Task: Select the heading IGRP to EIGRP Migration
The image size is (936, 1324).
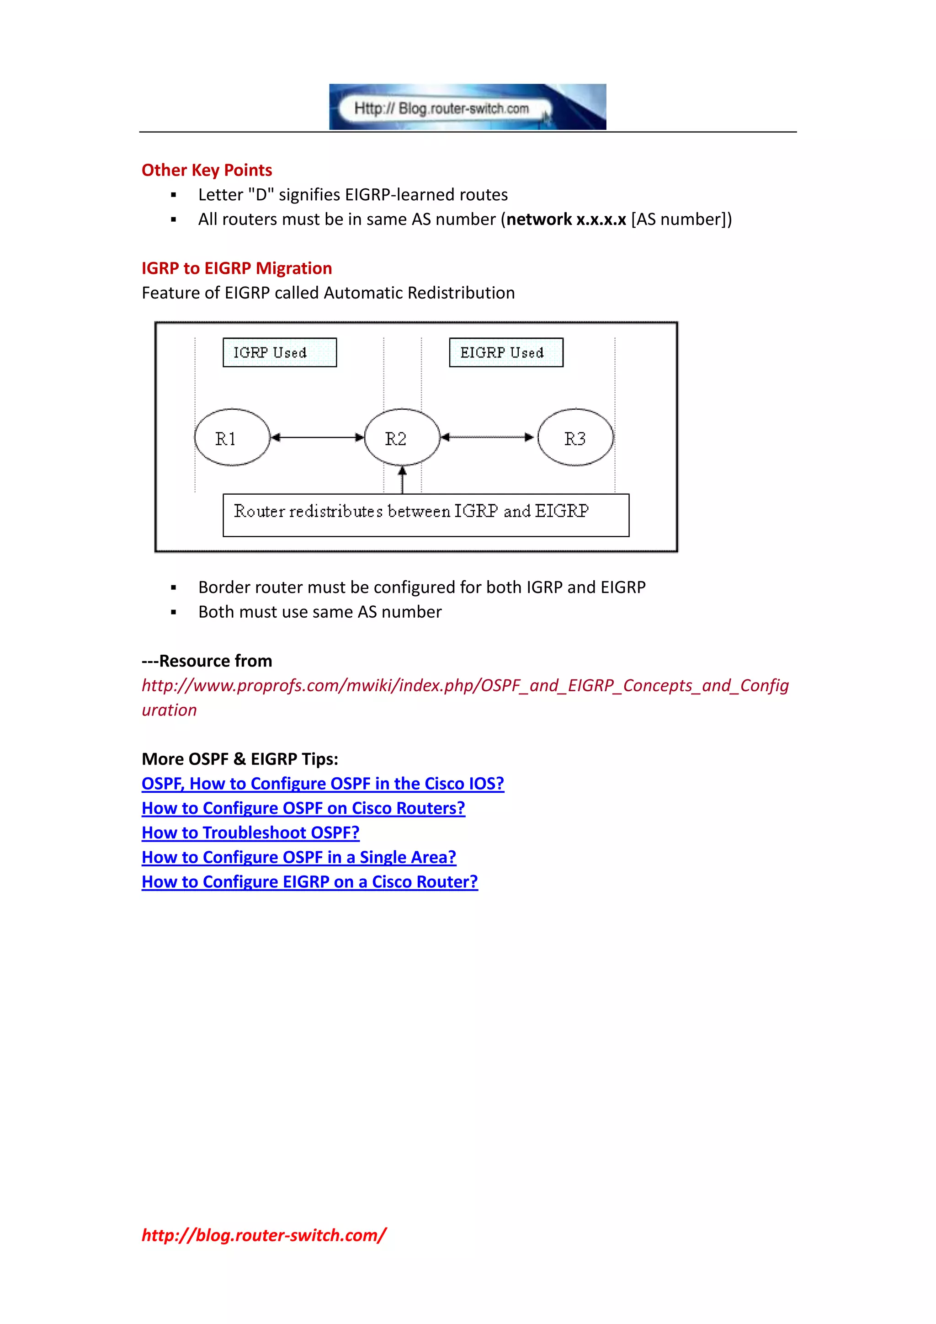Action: click(x=236, y=268)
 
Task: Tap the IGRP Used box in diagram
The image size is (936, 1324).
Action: click(x=280, y=352)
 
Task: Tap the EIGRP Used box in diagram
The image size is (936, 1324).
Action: click(x=505, y=352)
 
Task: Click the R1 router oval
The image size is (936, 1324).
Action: click(x=232, y=438)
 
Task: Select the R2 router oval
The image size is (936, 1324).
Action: click(x=402, y=438)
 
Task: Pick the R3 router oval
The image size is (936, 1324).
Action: click(x=575, y=438)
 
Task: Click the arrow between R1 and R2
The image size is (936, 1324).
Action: click(x=317, y=438)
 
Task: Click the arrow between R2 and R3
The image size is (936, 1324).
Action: click(x=488, y=438)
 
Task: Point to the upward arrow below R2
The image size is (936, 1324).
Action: click(x=402, y=480)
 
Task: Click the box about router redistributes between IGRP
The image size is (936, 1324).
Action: click(x=425, y=515)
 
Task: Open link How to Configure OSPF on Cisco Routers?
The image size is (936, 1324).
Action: click(x=303, y=808)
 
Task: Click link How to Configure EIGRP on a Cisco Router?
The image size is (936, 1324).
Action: click(x=309, y=882)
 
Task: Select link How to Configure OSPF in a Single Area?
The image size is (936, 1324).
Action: click(x=298, y=858)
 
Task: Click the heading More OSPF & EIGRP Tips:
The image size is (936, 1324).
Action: click(x=240, y=759)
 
